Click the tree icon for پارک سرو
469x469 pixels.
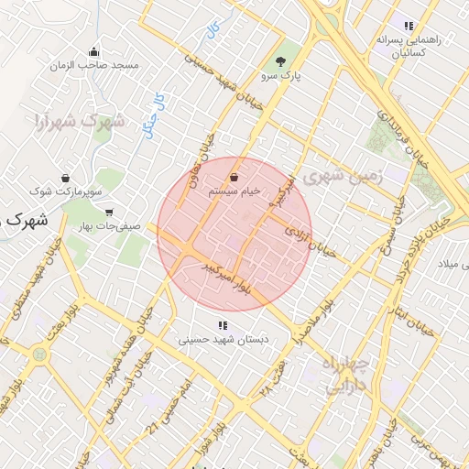pos(280,62)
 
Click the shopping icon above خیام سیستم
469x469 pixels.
pos(235,176)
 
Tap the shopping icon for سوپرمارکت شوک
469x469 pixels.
pos(65,177)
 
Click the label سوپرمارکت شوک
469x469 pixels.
pos(66,192)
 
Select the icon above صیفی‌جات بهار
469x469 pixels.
pos(109,213)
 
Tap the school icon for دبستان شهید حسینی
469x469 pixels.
pos(221,324)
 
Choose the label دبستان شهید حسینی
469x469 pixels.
pos(221,340)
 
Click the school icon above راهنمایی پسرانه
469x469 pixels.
pos(409,26)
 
